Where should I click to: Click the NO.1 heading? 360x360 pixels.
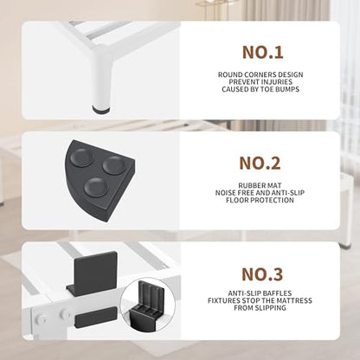[x=263, y=53]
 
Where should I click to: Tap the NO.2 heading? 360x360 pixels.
[x=260, y=163]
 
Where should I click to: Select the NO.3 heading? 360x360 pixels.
[x=262, y=274]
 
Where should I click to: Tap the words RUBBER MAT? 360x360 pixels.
[x=260, y=185]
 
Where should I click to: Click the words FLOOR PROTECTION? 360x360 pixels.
[x=260, y=200]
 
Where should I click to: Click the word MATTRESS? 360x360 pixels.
[x=294, y=300]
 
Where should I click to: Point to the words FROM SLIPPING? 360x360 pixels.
[x=260, y=308]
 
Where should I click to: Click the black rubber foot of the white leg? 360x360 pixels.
[x=101, y=109]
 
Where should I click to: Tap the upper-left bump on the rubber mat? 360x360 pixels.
[x=82, y=157]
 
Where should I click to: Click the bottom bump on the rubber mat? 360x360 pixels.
[x=95, y=187]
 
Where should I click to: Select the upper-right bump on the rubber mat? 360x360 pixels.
[x=114, y=165]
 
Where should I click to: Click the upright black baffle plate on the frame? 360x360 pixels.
[x=95, y=273]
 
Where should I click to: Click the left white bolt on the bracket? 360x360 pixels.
[x=41, y=318]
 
